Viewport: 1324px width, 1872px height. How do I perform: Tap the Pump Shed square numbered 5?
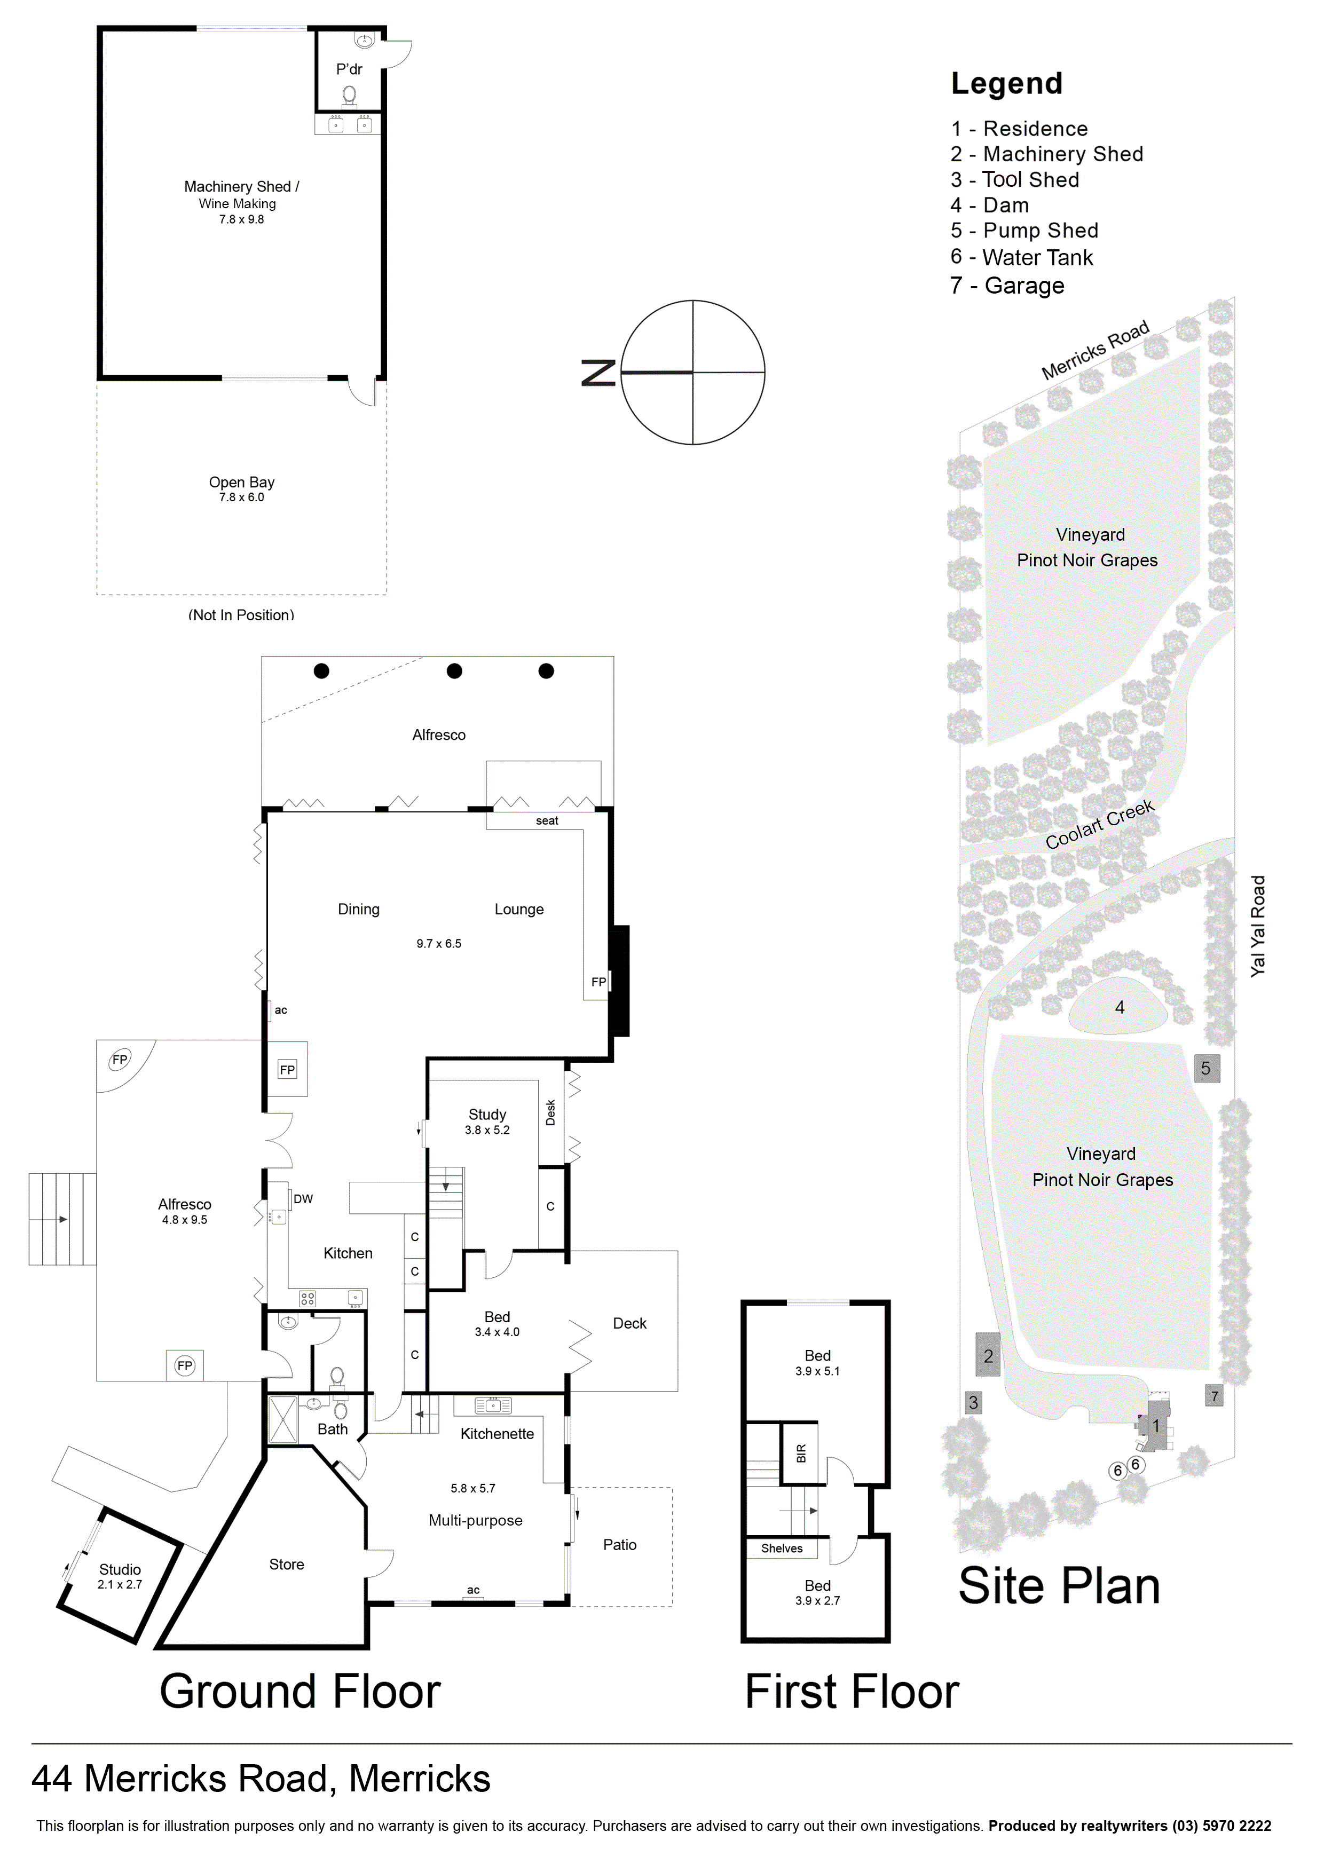(1207, 1068)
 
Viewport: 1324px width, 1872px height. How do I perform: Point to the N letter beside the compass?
(598, 373)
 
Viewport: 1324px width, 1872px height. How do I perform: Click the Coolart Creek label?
(1100, 824)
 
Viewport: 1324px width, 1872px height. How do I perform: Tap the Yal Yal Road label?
(1258, 926)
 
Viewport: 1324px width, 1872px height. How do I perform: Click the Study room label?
(487, 1113)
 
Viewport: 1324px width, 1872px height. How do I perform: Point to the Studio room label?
(120, 1569)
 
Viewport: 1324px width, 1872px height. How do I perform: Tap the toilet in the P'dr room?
(350, 96)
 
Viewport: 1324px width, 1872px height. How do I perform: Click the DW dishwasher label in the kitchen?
(303, 1198)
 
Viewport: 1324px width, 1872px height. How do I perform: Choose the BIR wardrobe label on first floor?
(801, 1453)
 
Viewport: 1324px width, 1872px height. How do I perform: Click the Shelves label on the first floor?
(782, 1549)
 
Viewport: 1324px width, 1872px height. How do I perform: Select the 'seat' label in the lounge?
(547, 821)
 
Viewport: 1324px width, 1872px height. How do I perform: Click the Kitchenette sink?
(493, 1405)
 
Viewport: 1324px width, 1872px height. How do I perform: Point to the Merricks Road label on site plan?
(1096, 350)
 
